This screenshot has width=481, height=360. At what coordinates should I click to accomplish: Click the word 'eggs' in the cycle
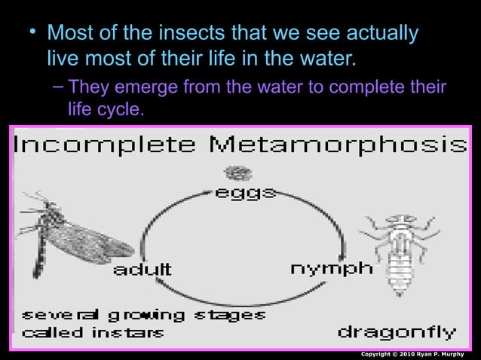(245, 194)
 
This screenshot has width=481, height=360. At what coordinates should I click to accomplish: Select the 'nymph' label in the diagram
(331, 268)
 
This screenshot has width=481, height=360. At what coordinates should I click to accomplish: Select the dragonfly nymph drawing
(399, 252)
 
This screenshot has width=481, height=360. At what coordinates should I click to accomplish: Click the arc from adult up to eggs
(162, 218)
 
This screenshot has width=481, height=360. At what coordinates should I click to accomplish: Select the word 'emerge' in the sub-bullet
(141, 88)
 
